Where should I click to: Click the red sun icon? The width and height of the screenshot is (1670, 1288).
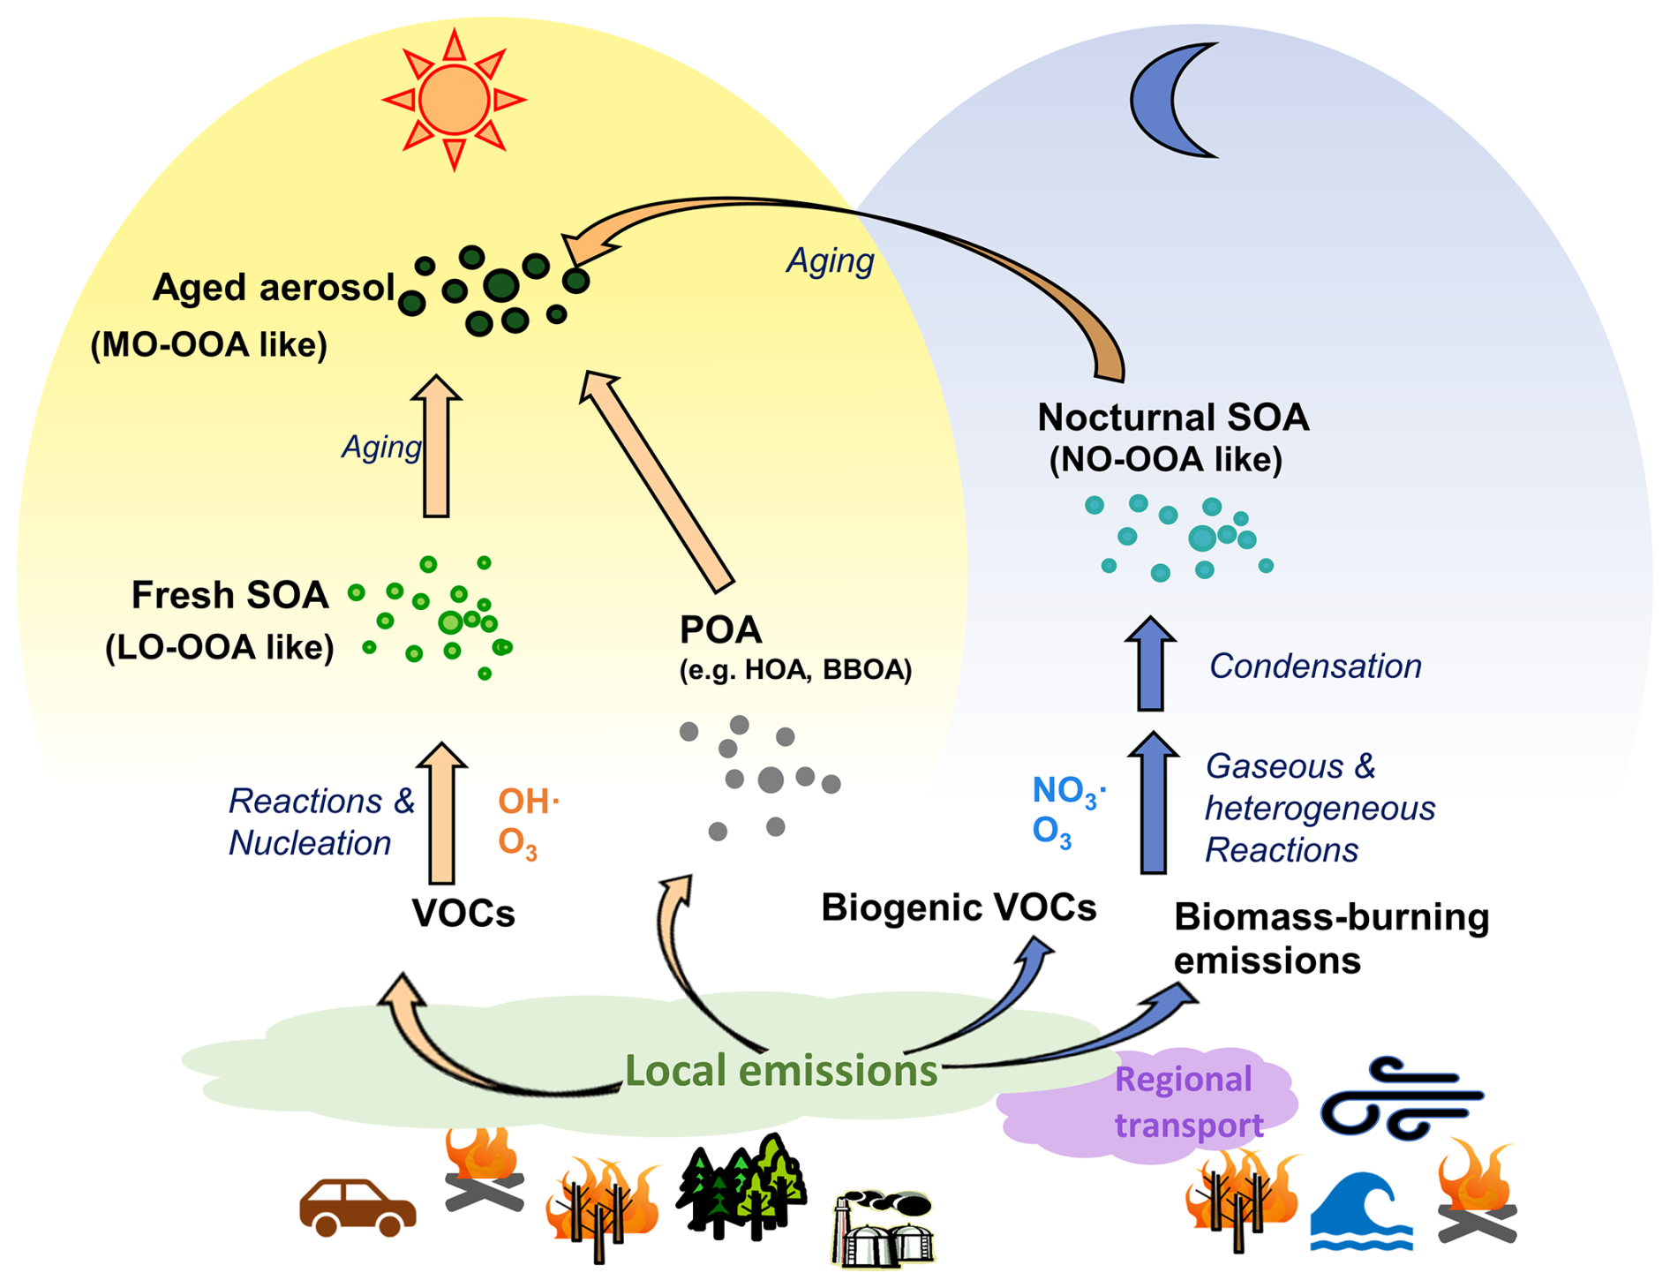coord(454,99)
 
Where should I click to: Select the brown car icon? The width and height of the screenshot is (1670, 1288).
coord(357,1207)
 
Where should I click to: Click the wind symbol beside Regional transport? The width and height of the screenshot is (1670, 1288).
coord(1399,1099)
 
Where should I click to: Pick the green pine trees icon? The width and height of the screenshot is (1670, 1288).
coord(741,1187)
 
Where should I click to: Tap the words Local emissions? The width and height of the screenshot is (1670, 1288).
coord(780,1071)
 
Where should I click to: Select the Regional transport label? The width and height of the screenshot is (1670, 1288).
coord(1187,1102)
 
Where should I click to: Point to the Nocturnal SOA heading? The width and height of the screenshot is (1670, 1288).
coord(1173,418)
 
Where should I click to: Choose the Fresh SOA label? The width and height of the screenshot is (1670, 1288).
coord(229,596)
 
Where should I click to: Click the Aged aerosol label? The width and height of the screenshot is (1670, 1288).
coord(274,288)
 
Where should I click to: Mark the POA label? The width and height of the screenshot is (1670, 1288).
coord(720,630)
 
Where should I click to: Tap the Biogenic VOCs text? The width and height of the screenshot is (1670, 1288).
coord(959,908)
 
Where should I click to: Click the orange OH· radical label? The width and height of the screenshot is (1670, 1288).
coord(528,802)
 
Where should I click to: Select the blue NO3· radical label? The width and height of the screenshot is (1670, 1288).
coord(1068,791)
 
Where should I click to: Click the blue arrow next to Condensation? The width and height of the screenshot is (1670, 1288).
coord(1150,664)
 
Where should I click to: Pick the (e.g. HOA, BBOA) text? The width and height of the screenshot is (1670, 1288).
coord(795,670)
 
